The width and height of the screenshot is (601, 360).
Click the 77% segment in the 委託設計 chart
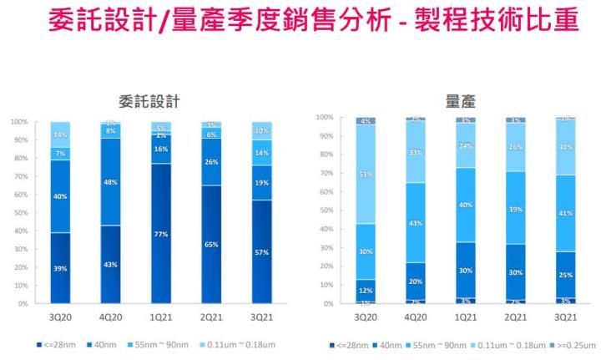(160, 233)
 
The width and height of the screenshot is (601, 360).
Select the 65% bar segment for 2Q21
(211, 245)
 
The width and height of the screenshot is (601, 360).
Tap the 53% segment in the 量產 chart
(366, 174)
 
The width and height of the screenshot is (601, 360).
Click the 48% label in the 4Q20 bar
(111, 181)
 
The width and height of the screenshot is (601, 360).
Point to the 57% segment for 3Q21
(260, 251)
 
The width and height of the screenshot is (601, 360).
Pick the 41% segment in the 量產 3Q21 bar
(565, 213)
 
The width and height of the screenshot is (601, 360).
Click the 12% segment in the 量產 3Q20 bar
(366, 290)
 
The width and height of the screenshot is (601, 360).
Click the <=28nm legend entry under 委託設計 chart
(55, 344)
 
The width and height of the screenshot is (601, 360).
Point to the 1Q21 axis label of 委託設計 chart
(160, 318)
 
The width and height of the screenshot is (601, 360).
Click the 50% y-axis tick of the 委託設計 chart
(19, 213)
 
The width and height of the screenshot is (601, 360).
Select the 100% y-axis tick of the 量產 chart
(324, 118)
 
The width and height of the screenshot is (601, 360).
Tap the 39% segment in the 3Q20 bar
(60, 267)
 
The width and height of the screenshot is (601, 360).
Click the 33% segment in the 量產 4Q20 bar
(416, 153)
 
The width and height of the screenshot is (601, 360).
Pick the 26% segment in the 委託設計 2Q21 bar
(211, 162)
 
